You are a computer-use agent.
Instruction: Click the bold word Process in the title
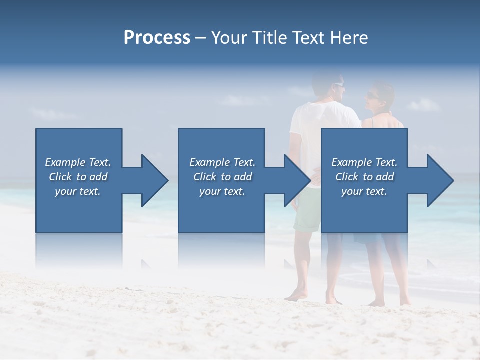coord(157,38)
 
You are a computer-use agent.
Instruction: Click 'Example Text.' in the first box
coord(78,162)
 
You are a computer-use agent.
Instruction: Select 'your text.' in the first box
coord(78,191)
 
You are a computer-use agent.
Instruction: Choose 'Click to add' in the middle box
coord(222,177)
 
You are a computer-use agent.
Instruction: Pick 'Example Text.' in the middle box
coord(222,162)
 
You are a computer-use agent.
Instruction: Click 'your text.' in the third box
coord(364,191)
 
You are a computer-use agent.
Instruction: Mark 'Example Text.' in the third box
coord(364,162)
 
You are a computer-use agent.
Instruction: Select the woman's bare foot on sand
coord(376,302)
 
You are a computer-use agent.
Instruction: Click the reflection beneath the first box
coord(79,250)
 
